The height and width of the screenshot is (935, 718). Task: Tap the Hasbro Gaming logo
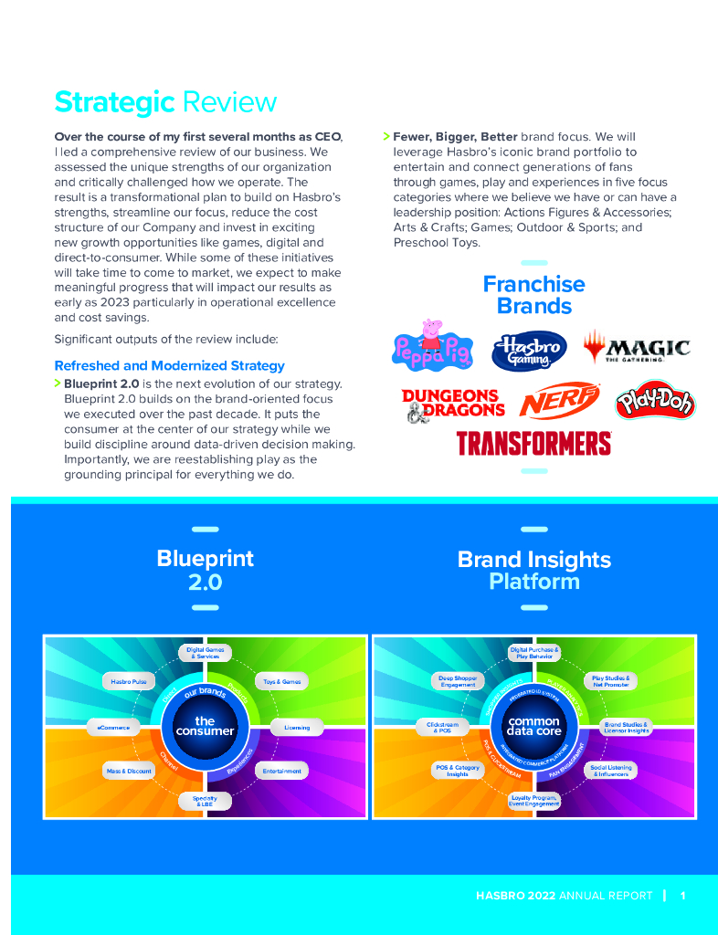tap(529, 350)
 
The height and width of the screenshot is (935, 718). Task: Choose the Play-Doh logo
tap(654, 401)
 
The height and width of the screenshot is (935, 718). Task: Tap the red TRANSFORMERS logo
tap(533, 444)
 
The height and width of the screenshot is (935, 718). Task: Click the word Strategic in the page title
tap(114, 101)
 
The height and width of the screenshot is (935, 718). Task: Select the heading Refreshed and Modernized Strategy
tap(169, 365)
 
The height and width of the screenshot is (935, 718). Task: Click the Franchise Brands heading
tap(533, 294)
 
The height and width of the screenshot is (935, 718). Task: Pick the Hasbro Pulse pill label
tap(129, 681)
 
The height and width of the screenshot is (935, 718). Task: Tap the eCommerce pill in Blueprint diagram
tap(113, 728)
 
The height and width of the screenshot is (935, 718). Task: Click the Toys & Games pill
tap(281, 681)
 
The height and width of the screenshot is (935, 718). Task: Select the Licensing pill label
tap(297, 728)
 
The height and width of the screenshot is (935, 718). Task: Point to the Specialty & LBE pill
tap(205, 801)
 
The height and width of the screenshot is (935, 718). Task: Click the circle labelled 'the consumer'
tap(205, 726)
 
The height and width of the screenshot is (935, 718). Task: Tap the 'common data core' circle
tap(534, 726)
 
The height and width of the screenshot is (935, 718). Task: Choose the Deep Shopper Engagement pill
tap(458, 681)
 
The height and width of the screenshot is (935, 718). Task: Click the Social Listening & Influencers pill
tap(610, 771)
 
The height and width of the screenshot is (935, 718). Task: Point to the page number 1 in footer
tap(682, 896)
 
